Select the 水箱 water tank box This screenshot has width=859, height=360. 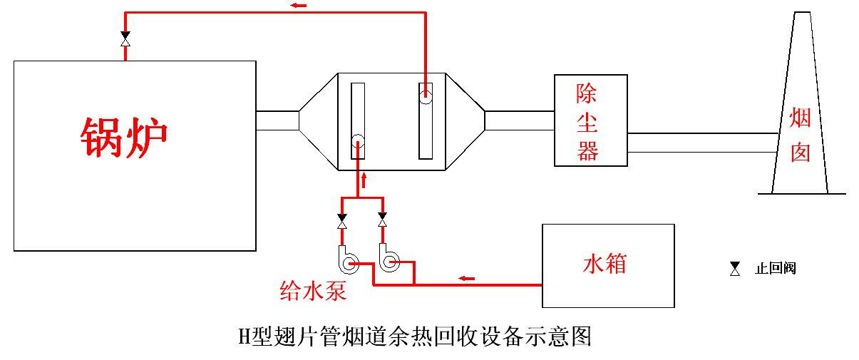tap(607, 265)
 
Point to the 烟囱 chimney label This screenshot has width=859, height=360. tap(801, 135)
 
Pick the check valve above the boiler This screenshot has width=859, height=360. tap(125, 39)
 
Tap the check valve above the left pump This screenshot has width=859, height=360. tap(342, 221)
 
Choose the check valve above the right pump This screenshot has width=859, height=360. tap(383, 220)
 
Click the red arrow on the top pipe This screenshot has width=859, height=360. tap(299, 6)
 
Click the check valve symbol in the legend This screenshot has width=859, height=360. tap(735, 269)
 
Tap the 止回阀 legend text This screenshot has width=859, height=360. tap(775, 269)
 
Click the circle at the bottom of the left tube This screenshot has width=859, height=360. tap(358, 140)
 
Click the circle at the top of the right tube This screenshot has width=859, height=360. tap(426, 94)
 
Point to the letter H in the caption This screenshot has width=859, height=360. tap(243, 335)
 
